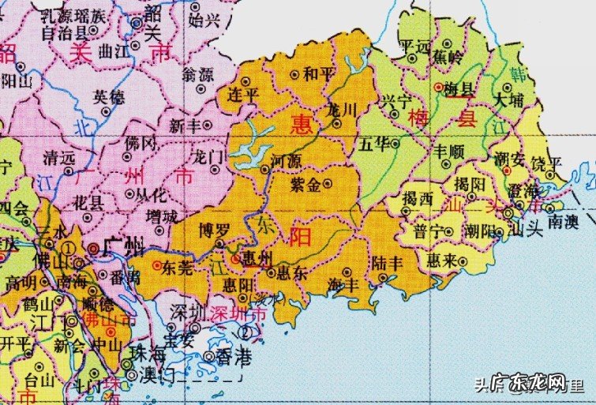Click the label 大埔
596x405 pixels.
pos(507,101)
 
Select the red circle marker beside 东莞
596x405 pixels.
pos(157,265)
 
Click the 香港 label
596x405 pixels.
pos(233,358)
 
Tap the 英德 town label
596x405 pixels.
pos(108,97)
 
